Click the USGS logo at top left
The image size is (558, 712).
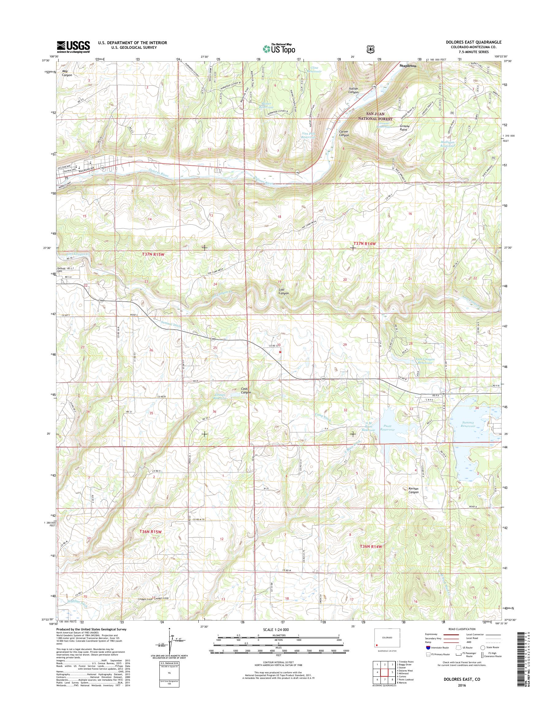pos(74,47)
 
